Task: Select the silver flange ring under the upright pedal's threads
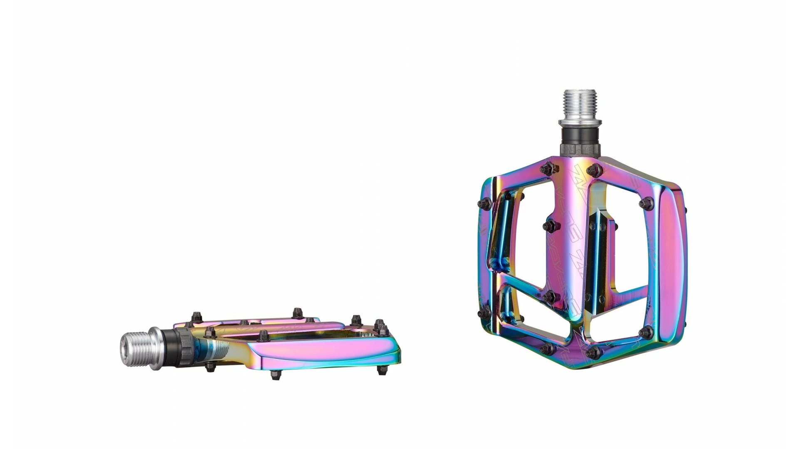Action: coord(580,122)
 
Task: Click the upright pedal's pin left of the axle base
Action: coord(547,168)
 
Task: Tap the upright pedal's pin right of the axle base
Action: coord(596,169)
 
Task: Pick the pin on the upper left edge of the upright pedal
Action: coord(484,203)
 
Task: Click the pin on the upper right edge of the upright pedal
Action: coord(645,203)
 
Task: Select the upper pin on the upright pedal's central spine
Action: coord(550,226)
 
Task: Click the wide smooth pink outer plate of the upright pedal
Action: coord(670,266)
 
